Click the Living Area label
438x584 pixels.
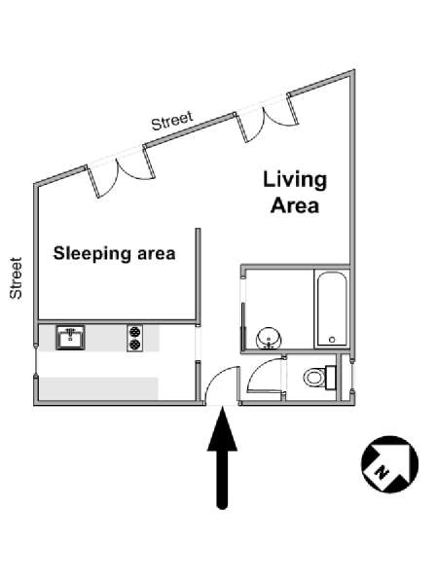295,192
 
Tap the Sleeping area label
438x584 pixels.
114,254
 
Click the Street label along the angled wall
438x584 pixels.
172,121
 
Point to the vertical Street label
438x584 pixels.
16,277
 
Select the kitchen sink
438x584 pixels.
70,338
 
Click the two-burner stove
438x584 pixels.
135,338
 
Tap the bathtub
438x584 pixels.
332,310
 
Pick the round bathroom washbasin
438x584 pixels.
269,338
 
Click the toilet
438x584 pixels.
319,378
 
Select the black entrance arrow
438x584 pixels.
222,457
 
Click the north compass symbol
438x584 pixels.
389,464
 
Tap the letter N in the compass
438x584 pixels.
381,472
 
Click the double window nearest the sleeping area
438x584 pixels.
120,171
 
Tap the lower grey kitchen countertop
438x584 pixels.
98,388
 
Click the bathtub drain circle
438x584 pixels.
332,340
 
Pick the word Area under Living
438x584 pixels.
295,205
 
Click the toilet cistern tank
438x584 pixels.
331,378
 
